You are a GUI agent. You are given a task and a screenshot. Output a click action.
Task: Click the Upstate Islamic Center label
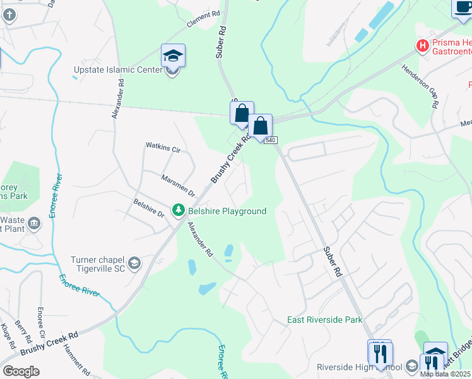[118, 69]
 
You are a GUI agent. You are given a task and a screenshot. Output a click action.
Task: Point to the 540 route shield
[271, 140]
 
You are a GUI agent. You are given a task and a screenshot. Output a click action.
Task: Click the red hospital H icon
[422, 45]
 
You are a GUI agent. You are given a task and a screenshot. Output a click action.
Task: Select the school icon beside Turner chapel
[134, 263]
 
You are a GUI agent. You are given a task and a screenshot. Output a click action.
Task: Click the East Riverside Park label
[325, 320]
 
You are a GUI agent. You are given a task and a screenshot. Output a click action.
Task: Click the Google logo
[21, 371]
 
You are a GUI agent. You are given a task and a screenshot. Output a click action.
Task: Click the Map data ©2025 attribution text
[445, 374]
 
